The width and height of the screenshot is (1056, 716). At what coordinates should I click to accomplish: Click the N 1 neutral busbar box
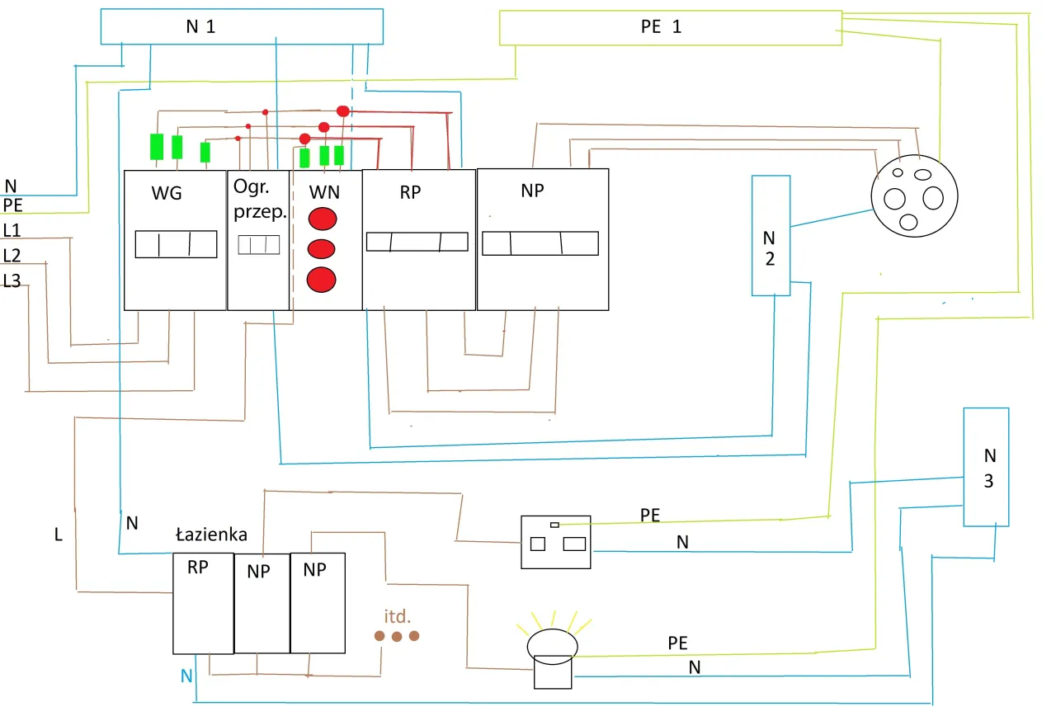coord(241,26)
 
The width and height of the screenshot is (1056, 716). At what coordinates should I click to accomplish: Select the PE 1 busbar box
coord(670,27)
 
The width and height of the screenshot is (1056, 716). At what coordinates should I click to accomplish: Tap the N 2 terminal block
coord(770,236)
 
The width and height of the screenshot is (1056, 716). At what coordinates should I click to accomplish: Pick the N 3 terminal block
coord(987,467)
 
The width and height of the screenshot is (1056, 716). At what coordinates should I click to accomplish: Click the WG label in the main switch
coord(166,195)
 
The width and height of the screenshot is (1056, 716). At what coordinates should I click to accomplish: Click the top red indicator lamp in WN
coord(323,219)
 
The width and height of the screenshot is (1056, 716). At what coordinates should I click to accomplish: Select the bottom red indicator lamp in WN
coord(322,280)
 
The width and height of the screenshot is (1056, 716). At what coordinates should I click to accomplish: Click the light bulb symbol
coord(553,643)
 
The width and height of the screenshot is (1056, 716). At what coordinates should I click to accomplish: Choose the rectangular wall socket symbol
coord(555,542)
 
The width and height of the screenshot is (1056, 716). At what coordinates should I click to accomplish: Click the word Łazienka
coord(211,535)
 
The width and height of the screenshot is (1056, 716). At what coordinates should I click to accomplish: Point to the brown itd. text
coord(397,616)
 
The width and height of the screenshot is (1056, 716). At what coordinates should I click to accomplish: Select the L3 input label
coord(12,281)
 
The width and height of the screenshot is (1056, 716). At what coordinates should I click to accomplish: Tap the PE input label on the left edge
coord(12,205)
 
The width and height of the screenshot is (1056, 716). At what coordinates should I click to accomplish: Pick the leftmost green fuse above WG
coord(156,146)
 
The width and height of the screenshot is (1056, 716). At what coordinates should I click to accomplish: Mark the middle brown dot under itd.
coord(397,636)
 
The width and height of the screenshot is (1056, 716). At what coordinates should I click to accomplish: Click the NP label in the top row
coord(533,190)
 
